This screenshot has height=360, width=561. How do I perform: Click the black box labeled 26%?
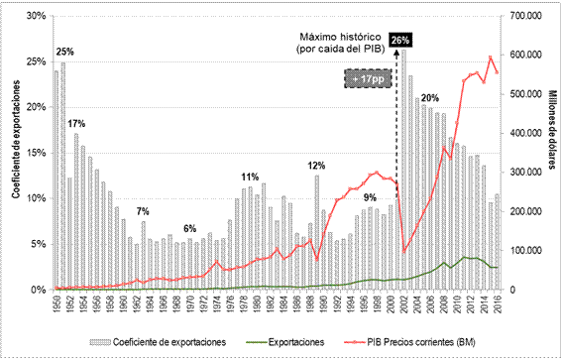coord(401,40)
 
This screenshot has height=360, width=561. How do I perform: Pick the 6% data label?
coord(189,228)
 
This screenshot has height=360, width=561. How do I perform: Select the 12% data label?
coord(317,165)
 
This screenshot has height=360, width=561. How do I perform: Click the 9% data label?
coord(370,197)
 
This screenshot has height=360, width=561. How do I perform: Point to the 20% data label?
coord(430,97)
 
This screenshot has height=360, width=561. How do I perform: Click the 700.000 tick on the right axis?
coord(523,16)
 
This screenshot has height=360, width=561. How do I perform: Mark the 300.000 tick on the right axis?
coord(523,173)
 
